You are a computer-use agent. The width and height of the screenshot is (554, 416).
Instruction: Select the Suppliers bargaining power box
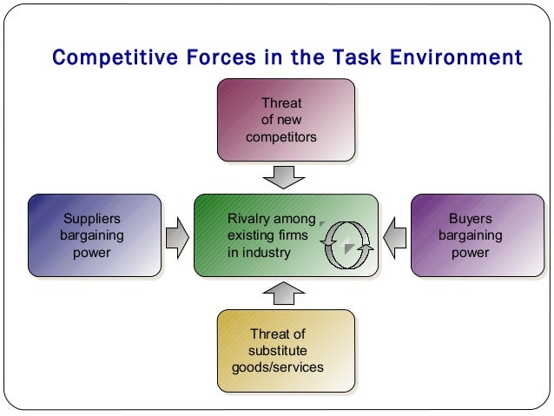[94, 235]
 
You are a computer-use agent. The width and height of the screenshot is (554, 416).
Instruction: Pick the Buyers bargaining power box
[470, 235]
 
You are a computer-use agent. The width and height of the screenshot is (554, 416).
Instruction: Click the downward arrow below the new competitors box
[283, 175]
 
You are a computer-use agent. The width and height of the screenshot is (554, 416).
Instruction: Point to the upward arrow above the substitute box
[283, 294]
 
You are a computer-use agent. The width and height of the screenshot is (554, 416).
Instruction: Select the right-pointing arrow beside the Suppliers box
[176, 236]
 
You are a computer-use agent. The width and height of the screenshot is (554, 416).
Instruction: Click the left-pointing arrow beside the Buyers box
[396, 236]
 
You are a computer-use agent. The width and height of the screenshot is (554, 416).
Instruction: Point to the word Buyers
[470, 218]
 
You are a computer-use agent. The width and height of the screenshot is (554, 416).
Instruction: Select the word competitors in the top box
[282, 136]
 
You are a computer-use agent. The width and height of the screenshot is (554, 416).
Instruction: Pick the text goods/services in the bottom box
[278, 367]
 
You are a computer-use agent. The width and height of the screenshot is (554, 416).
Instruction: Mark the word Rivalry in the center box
[248, 218]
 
